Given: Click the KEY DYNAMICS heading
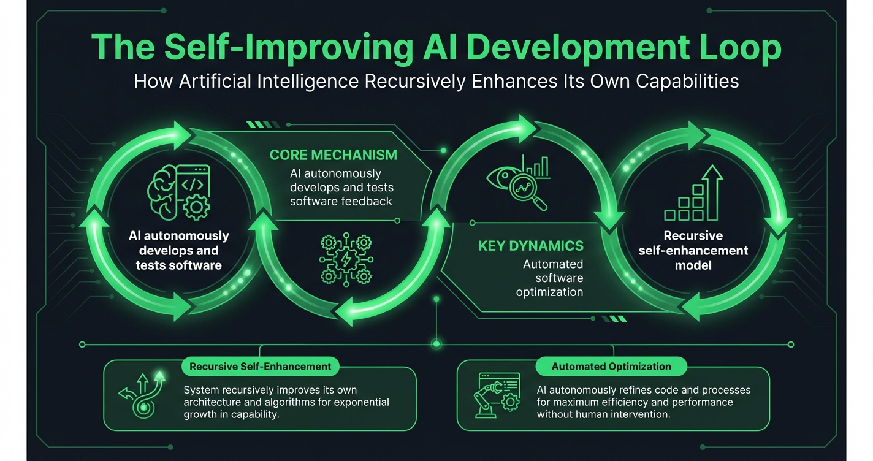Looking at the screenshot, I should [531, 246].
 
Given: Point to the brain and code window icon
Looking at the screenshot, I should [179, 192].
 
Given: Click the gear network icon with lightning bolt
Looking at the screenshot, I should [346, 258].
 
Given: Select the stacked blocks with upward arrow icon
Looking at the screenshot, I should [693, 194].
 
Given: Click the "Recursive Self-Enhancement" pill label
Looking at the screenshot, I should [261, 367].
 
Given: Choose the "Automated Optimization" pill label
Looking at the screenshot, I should [611, 367].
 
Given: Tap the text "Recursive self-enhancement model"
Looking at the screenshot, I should [693, 250].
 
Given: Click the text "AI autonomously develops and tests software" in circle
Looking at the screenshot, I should [179, 250].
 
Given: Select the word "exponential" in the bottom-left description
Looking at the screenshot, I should [360, 402].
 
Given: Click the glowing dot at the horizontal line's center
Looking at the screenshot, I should [436, 344].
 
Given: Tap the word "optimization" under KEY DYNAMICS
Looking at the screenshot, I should [549, 292].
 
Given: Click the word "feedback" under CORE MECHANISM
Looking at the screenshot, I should [366, 200].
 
